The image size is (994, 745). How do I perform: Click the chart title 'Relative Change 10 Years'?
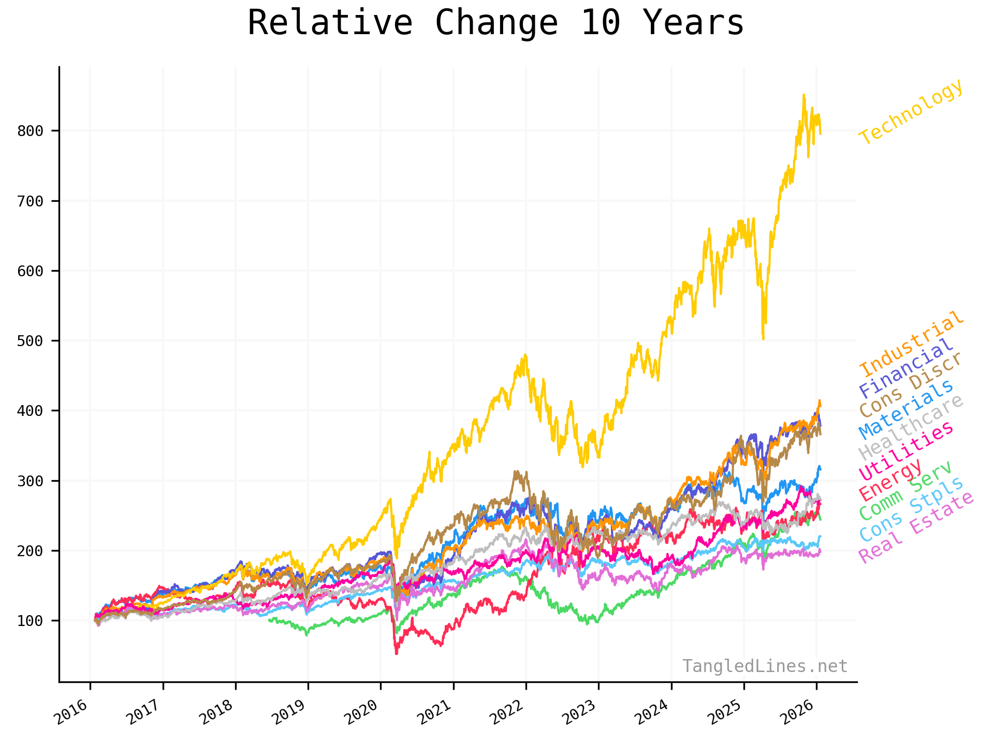click(495, 23)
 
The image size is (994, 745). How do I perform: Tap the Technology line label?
click(911, 112)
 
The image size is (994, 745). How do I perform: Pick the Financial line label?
click(905, 367)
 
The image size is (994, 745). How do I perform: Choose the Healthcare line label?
click(911, 427)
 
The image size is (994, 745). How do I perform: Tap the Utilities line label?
click(905, 451)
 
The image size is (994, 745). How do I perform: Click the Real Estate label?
click(916, 528)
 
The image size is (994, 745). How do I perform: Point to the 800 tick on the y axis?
click(30, 131)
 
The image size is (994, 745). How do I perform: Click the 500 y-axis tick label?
click(30, 341)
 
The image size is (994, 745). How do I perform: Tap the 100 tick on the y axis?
click(30, 621)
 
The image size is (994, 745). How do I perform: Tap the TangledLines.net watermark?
click(765, 666)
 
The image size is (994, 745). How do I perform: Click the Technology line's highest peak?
click(803, 95)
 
